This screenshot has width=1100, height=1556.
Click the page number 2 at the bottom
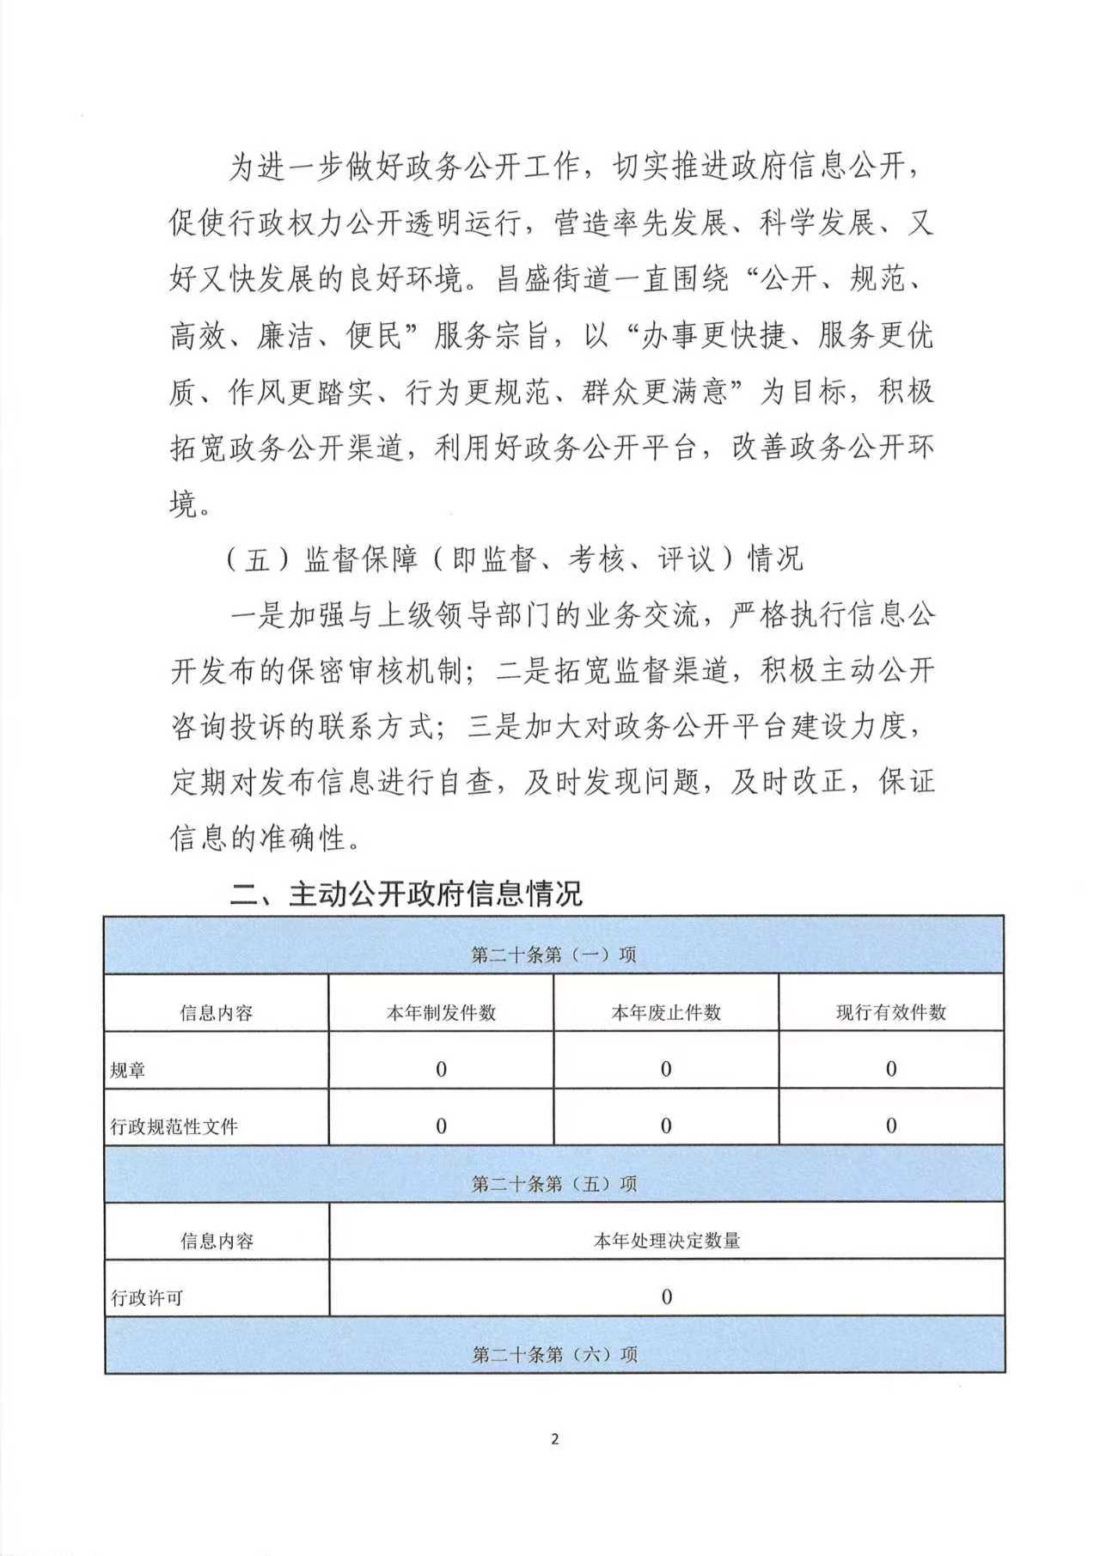(x=554, y=1438)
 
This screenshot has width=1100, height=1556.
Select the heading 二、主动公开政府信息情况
(x=406, y=894)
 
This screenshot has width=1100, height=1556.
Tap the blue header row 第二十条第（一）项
(x=554, y=955)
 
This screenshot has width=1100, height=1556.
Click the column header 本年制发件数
(x=441, y=1012)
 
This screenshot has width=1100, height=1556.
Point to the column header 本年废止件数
(x=666, y=1012)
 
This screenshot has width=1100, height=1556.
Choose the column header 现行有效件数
(x=891, y=1012)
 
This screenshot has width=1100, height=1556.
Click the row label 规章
(x=128, y=1071)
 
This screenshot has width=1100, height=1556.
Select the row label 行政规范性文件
(x=174, y=1126)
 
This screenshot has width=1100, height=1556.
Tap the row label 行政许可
(x=147, y=1297)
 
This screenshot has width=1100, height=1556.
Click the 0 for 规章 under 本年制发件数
(x=442, y=1069)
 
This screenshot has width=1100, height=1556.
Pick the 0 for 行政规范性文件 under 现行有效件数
(x=891, y=1126)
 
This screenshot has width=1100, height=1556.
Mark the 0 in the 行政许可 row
(x=666, y=1297)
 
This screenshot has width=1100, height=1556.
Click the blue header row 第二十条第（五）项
(x=554, y=1183)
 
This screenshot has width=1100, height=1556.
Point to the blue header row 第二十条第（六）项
(x=554, y=1354)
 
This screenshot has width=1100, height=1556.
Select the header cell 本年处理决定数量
(x=667, y=1240)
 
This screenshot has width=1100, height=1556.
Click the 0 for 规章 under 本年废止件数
(x=666, y=1069)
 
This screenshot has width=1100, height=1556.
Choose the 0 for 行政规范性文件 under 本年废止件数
(x=666, y=1126)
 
